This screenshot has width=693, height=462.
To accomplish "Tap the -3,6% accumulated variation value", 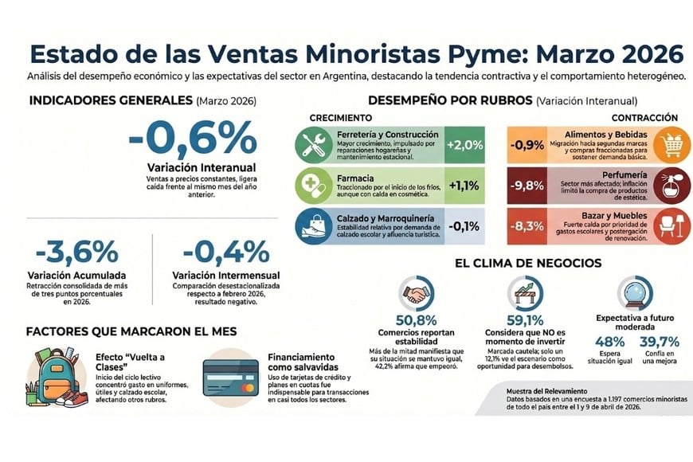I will (x=72, y=253).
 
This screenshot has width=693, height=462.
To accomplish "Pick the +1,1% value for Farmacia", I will (x=464, y=185).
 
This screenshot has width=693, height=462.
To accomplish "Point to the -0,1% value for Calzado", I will (x=464, y=225).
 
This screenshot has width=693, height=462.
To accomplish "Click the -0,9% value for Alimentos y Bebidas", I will (x=527, y=144).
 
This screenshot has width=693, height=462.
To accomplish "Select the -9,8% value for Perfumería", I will (x=527, y=185).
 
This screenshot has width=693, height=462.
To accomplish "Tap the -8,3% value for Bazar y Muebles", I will (x=527, y=225).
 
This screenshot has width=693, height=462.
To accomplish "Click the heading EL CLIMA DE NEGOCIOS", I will (x=523, y=263).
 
